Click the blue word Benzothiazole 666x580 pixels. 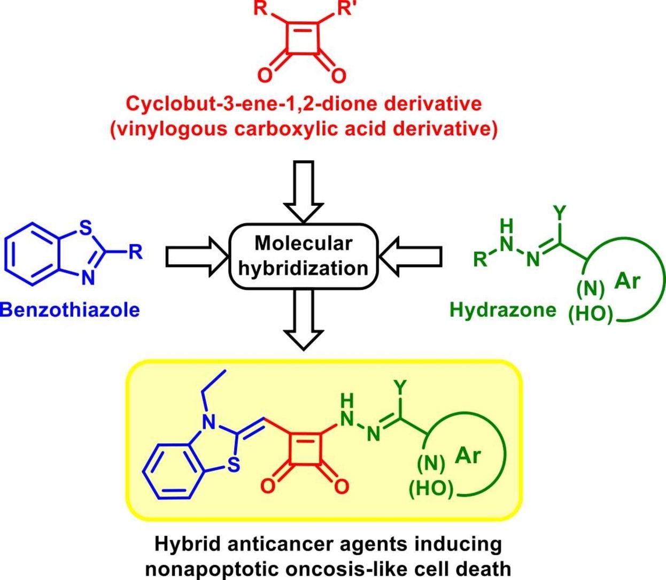[70, 310]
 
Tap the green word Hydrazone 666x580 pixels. [503, 310]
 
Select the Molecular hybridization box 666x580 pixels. [303, 256]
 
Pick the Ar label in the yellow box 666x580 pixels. [468, 455]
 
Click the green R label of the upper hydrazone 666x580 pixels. [479, 259]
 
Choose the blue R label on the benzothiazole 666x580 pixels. [136, 252]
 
